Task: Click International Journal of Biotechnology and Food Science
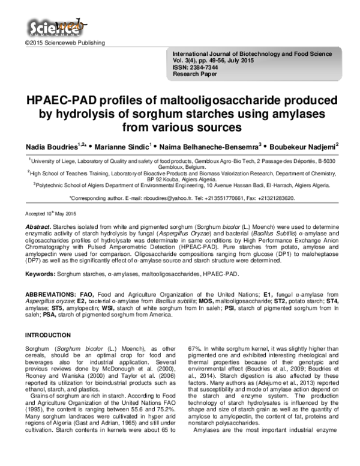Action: tap(253, 55)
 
